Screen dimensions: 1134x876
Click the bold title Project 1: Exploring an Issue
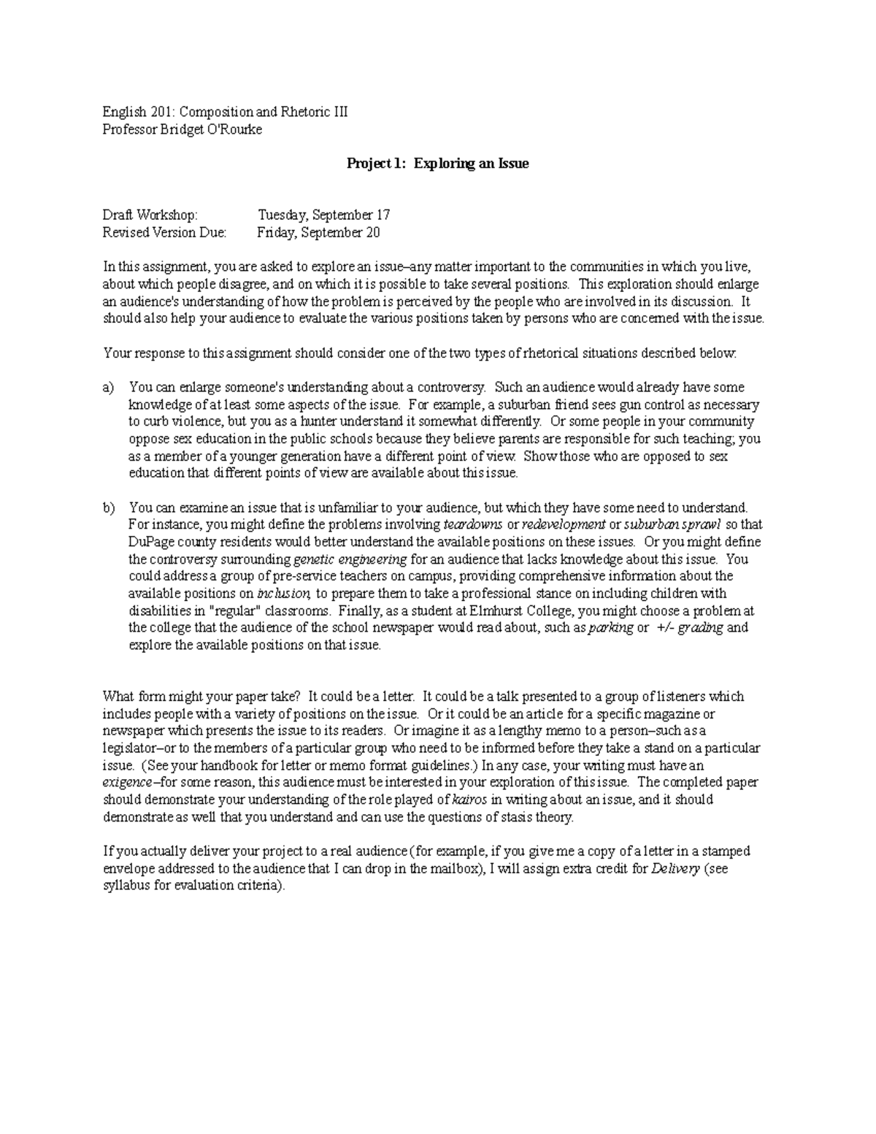[x=437, y=164]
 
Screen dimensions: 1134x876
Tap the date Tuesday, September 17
[x=323, y=215]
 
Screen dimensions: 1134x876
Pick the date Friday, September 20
[x=318, y=233]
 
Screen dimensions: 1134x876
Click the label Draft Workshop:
[x=150, y=215]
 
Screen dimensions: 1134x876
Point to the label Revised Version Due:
[x=164, y=233]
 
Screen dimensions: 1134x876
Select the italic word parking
[x=611, y=628]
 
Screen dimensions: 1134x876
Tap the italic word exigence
[x=128, y=782]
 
